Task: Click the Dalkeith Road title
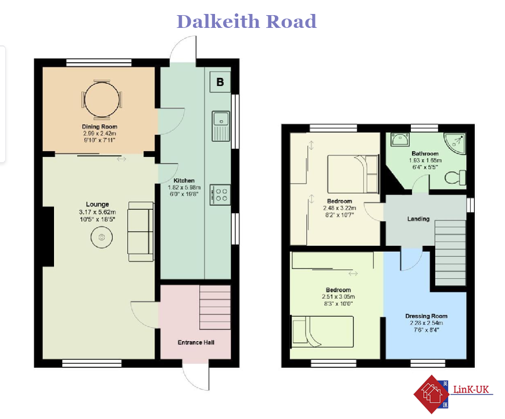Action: pyautogui.click(x=246, y=22)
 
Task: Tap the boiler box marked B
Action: pyautogui.click(x=220, y=82)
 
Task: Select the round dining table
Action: pyautogui.click(x=102, y=99)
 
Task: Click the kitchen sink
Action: pyautogui.click(x=221, y=126)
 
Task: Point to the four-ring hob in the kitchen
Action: pyautogui.click(x=220, y=195)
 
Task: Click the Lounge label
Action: pyautogui.click(x=97, y=204)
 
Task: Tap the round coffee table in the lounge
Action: pyautogui.click(x=102, y=237)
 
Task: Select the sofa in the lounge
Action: pyautogui.click(x=141, y=231)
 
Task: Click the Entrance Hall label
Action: pyautogui.click(x=196, y=342)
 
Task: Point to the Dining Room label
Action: pyautogui.click(x=99, y=127)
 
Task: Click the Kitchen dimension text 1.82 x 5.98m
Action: pyautogui.click(x=184, y=188)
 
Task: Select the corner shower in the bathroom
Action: pyautogui.click(x=455, y=144)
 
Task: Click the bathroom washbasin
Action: pyautogui.click(x=400, y=139)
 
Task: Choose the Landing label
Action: pyautogui.click(x=418, y=219)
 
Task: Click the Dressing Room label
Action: pyautogui.click(x=426, y=316)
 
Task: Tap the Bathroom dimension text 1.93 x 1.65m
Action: pyautogui.click(x=425, y=160)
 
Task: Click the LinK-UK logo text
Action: pyautogui.click(x=471, y=389)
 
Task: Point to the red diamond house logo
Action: pyautogui.click(x=431, y=394)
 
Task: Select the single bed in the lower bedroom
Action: pyautogui.click(x=322, y=332)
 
